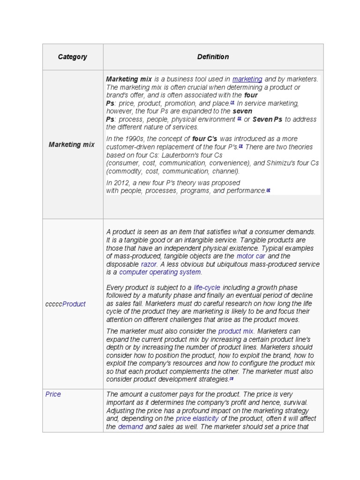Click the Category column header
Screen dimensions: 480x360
72,57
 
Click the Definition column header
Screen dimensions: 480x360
213,57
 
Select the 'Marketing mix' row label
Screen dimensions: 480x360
72,144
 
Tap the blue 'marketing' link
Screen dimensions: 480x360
247,79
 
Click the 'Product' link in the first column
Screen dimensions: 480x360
74,304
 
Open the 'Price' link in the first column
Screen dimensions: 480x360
53,394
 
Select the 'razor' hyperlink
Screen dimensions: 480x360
149,264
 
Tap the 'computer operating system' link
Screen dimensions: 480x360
160,272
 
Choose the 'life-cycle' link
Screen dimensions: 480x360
207,287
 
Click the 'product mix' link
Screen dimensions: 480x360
236,331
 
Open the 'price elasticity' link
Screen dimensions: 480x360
197,418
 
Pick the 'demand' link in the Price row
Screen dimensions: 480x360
130,427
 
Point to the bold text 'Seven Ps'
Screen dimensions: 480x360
267,119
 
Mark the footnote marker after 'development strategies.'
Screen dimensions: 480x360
231,378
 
